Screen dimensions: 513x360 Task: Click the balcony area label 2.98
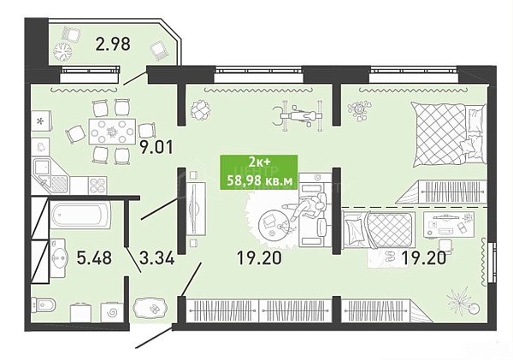(x=113, y=44)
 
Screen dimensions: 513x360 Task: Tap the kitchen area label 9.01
(x=156, y=147)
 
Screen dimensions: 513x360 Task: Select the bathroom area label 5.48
(x=94, y=258)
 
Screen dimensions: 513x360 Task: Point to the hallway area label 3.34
(x=157, y=258)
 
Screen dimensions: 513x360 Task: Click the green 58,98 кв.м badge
(x=259, y=173)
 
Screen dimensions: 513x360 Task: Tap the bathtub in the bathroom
(x=80, y=215)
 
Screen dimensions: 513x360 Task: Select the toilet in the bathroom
(x=44, y=305)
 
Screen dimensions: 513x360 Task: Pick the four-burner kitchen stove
(x=97, y=186)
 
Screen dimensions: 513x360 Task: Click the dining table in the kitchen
(x=112, y=131)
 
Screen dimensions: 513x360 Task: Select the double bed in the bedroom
(x=447, y=134)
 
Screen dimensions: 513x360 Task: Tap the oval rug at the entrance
(x=150, y=309)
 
